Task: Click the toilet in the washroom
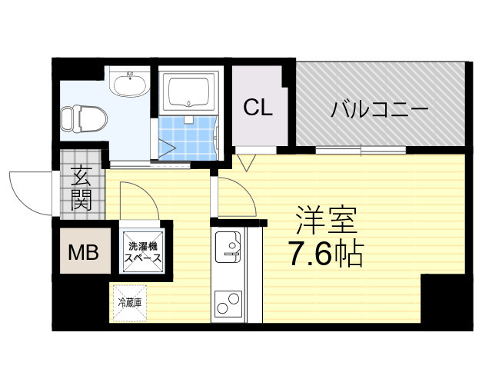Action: click(x=75, y=118)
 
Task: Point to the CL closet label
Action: click(x=258, y=108)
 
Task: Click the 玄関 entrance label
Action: click(x=81, y=189)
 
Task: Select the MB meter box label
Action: click(x=85, y=251)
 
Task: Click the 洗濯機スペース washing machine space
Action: click(x=145, y=252)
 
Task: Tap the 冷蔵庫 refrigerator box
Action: click(x=130, y=302)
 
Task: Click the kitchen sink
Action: click(x=229, y=246)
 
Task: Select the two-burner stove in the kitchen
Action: click(x=228, y=304)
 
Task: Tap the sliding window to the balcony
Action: click(x=350, y=150)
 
